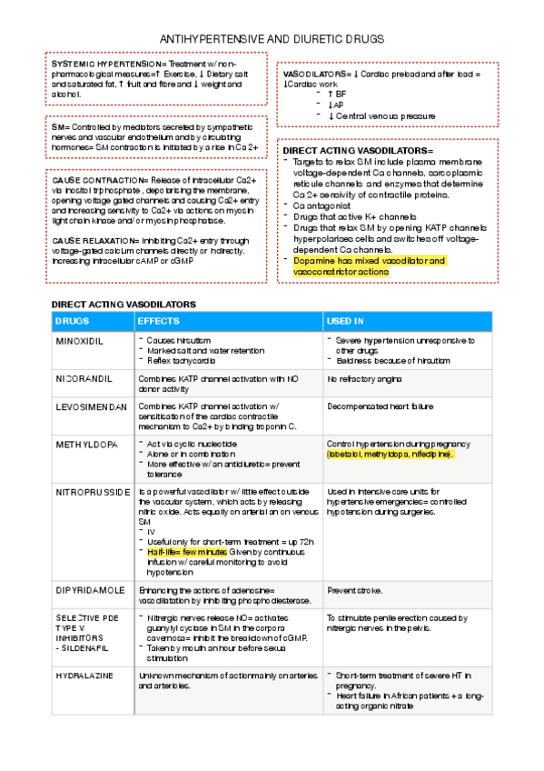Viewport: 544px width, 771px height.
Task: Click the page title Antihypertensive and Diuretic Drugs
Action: [x=272, y=40]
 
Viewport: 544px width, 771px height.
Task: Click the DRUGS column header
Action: [x=72, y=321]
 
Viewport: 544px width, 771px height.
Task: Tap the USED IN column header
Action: [x=345, y=321]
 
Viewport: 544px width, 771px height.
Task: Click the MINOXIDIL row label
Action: [x=80, y=341]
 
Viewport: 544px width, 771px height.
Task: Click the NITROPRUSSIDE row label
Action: [x=91, y=492]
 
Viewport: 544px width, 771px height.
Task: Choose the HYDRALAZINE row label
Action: [x=86, y=676]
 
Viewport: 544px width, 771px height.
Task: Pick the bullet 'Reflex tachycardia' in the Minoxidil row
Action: [x=179, y=359]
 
